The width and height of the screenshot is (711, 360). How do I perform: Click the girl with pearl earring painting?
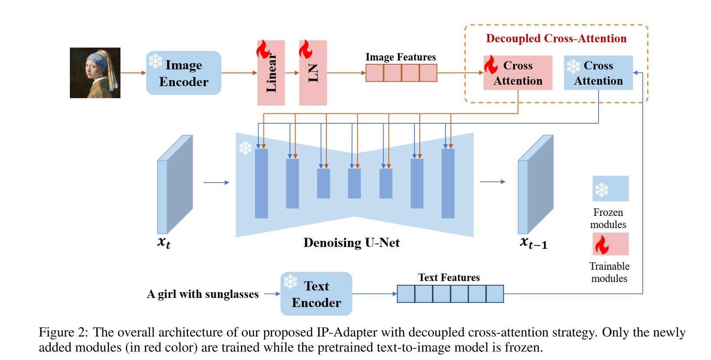pyautogui.click(x=95, y=73)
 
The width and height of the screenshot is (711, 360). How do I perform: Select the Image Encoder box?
pyautogui.click(x=184, y=73)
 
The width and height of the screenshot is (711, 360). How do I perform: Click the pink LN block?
pyautogui.click(x=313, y=73)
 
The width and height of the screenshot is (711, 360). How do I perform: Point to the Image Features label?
pyautogui.click(x=401, y=57)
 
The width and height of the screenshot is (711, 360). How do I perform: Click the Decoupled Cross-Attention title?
pyautogui.click(x=556, y=39)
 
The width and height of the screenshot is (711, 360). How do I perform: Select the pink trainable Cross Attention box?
pyautogui.click(x=518, y=73)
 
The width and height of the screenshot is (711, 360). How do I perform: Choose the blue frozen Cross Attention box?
pyautogui.click(x=598, y=73)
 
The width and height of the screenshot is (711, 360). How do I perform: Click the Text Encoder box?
pyautogui.click(x=316, y=294)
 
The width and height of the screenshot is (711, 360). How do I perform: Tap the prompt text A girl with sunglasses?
pyautogui.click(x=203, y=294)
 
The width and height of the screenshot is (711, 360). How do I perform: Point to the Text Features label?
pyautogui.click(x=449, y=277)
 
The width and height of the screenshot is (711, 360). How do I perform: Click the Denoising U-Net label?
pyautogui.click(x=351, y=243)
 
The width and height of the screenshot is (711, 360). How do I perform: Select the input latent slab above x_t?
pyautogui.click(x=174, y=185)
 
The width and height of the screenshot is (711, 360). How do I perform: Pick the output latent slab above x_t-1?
pyautogui.click(x=535, y=185)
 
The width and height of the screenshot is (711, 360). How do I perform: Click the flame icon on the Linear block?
pyautogui.click(x=263, y=49)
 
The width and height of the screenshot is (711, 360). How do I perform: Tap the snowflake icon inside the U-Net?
pyautogui.click(x=246, y=148)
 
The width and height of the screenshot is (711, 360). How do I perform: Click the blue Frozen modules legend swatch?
pyautogui.click(x=610, y=188)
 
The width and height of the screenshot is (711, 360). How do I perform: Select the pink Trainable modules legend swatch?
pyautogui.click(x=610, y=244)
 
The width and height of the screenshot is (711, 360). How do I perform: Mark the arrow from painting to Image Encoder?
pyautogui.click(x=133, y=73)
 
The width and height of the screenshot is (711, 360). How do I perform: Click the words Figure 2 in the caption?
pyautogui.click(x=63, y=332)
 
